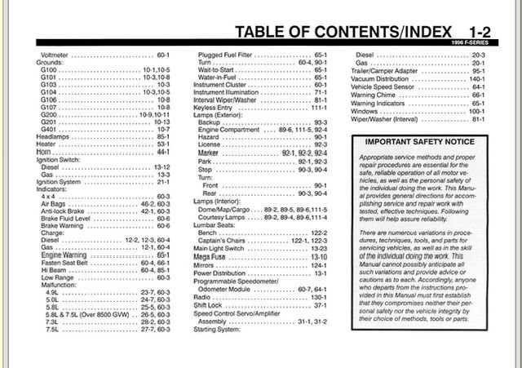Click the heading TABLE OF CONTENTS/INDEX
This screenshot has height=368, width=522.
343,32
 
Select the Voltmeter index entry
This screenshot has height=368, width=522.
55,55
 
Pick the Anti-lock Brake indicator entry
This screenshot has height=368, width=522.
69,211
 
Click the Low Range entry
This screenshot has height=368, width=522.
57,277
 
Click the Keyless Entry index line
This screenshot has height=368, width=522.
214,107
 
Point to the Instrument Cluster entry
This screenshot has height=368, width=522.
220,85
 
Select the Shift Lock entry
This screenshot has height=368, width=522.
210,305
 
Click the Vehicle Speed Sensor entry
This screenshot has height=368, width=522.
387,85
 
